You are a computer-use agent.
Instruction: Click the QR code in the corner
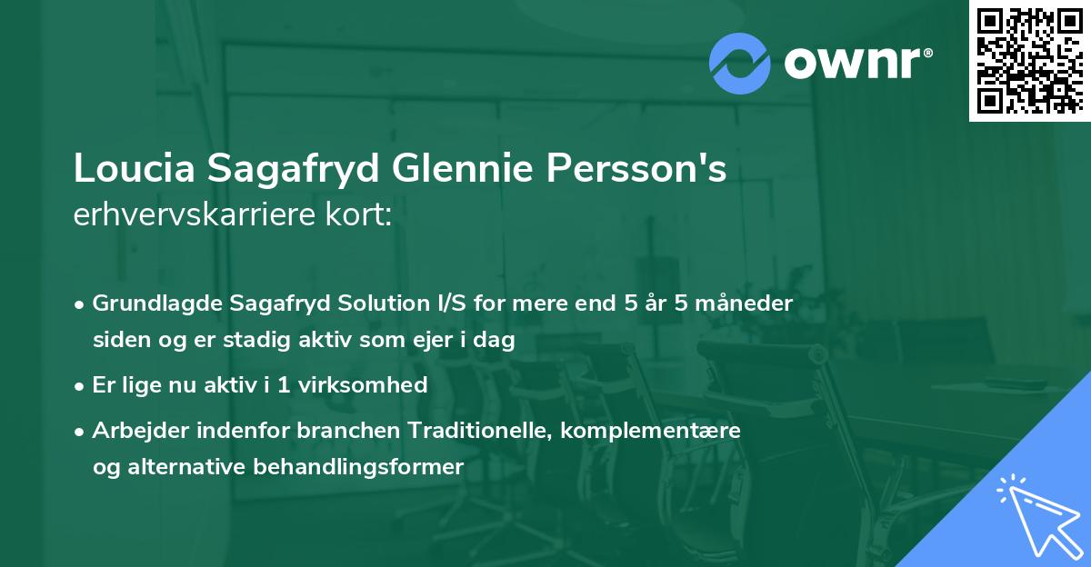(1029, 60)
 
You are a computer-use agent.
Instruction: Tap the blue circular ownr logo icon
(740, 64)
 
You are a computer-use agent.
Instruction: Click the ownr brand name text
(856, 64)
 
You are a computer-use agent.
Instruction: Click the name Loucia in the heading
(135, 169)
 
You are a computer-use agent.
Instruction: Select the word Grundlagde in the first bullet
(153, 303)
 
